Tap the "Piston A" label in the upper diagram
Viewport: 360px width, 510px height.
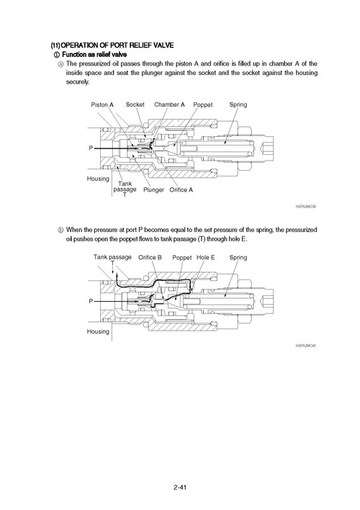102,104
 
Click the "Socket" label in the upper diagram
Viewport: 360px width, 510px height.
135,104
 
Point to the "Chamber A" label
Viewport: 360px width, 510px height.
169,104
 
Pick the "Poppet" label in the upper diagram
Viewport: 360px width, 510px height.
203,104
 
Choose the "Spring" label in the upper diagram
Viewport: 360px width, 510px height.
238,104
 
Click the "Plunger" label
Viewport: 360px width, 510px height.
153,190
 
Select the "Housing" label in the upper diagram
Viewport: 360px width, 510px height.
98,178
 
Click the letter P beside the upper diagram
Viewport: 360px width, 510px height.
91,148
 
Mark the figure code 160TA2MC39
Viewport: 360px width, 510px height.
305,207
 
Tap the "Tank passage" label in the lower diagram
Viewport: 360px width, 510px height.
112,257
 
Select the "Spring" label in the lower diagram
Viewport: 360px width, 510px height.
238,257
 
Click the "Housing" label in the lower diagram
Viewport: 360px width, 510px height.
98,331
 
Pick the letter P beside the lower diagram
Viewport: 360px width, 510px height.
91,300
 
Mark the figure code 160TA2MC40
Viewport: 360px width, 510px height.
305,345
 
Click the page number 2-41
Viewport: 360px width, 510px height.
180,489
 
